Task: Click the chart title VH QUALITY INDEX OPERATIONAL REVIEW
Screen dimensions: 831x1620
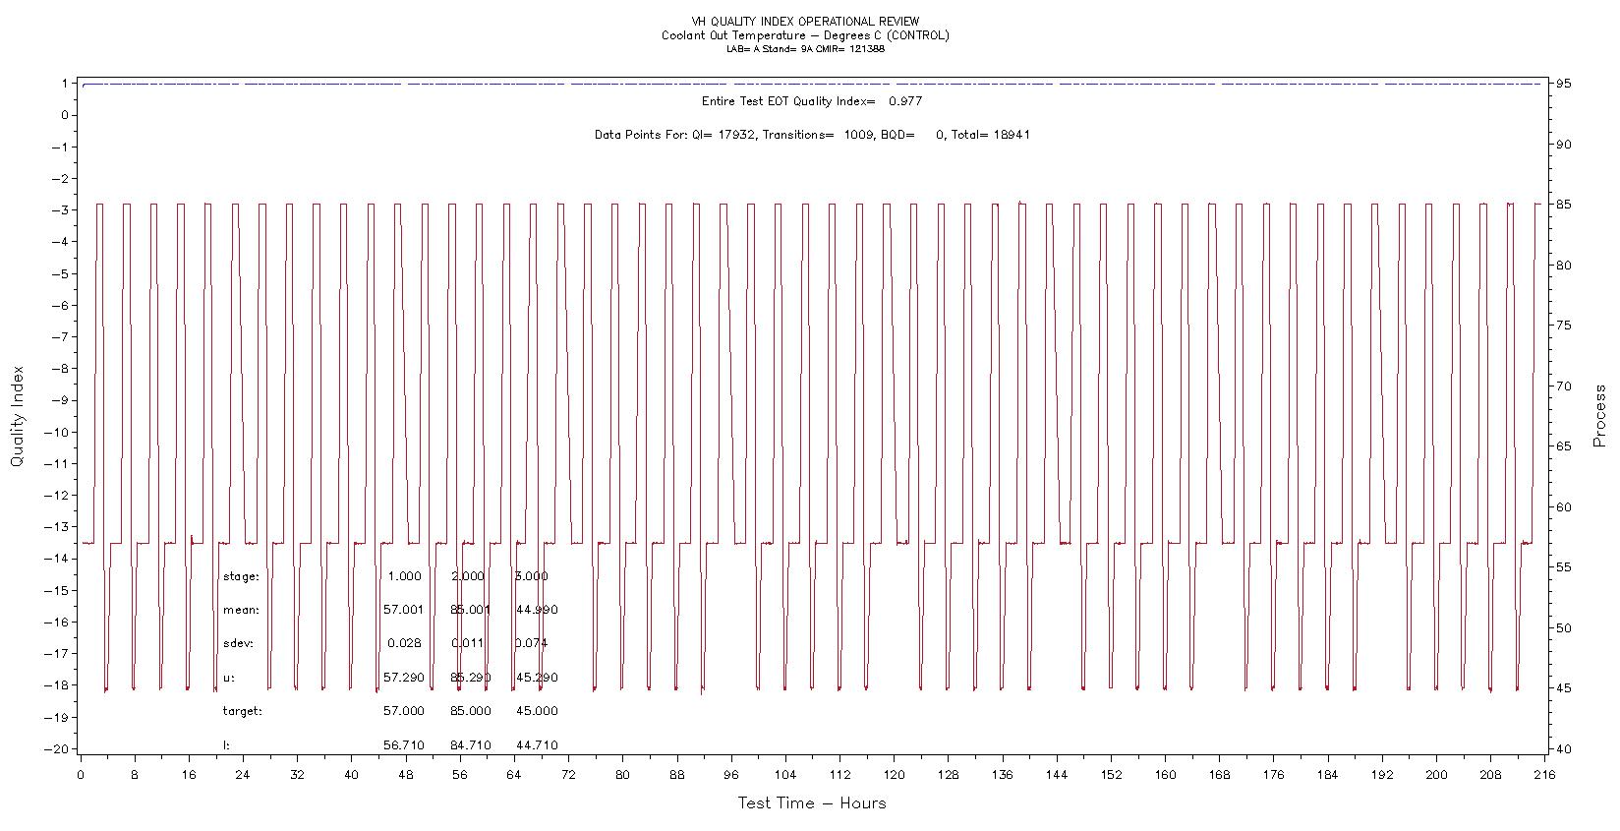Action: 805,21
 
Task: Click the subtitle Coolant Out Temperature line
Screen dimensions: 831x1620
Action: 805,35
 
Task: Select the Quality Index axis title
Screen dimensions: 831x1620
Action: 17,416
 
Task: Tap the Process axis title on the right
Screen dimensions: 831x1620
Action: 1599,416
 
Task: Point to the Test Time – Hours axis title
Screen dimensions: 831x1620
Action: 812,803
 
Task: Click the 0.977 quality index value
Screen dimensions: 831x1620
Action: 905,101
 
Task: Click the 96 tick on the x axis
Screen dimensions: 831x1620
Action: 730,775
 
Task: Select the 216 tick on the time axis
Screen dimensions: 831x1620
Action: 1543,775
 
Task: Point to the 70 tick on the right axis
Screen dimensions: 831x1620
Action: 1564,386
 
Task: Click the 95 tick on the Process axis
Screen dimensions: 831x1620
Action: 1564,84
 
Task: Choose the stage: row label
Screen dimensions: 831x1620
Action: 241,577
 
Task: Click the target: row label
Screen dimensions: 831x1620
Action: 243,711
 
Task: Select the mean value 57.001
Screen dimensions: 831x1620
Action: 403,611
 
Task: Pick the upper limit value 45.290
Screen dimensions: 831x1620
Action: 537,679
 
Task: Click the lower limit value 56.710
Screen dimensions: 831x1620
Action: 403,745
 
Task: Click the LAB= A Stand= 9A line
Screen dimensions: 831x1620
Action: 805,49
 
